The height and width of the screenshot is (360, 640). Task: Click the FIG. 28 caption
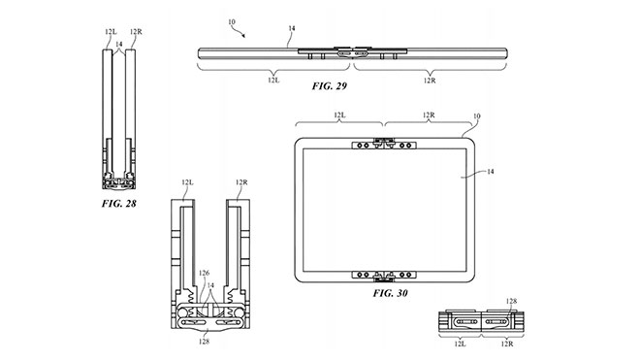click(118, 203)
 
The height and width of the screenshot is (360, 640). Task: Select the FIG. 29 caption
click(329, 85)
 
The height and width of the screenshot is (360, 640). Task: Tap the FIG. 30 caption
click(390, 293)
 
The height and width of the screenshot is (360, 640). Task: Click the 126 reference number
click(204, 273)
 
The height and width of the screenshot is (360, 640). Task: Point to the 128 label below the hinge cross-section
click(204, 342)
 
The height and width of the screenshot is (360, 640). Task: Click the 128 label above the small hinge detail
click(511, 301)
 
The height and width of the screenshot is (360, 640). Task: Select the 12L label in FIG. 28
click(111, 31)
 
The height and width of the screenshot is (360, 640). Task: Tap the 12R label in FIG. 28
click(136, 31)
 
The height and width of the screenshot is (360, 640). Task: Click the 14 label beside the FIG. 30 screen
click(491, 172)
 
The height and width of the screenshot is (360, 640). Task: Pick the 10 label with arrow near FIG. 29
click(232, 21)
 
